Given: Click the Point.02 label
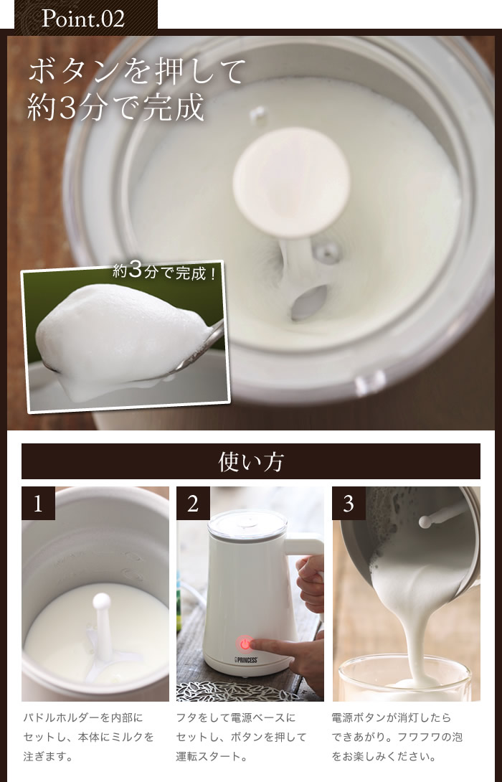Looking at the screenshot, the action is (82, 19).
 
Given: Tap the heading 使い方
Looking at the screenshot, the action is (251, 461).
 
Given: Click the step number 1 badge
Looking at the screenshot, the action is (38, 504).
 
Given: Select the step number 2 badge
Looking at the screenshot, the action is (193, 504).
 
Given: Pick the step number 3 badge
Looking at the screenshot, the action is (349, 504).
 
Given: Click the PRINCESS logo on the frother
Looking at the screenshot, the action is (246, 660).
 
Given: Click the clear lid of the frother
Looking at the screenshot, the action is (247, 524).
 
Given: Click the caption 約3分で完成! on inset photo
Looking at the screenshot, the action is (164, 273).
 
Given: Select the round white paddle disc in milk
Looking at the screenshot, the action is (291, 182).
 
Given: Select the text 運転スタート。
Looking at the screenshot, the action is (212, 756).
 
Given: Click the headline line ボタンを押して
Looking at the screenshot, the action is (136, 71).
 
